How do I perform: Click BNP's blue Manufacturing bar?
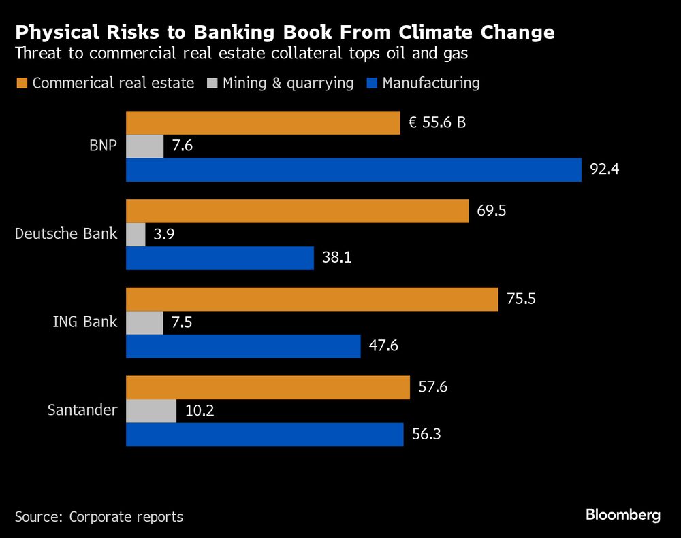353,170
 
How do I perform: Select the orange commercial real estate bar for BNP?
263,123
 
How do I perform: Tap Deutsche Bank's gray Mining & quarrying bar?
136,235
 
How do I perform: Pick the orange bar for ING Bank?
312,299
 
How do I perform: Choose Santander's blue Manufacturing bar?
264,435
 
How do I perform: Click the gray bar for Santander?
151,411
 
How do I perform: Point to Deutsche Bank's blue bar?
220,258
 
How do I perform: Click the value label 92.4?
603,170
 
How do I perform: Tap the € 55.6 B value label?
437,123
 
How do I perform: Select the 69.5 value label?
492,211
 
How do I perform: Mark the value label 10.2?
200,411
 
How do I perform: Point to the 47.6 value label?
383,346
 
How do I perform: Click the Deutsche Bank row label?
66,235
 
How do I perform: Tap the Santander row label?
82,411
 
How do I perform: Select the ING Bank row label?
85,322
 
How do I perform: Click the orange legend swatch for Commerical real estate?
21,84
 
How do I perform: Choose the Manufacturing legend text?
431,83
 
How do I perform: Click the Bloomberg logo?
623,515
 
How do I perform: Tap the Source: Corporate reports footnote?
99,517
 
